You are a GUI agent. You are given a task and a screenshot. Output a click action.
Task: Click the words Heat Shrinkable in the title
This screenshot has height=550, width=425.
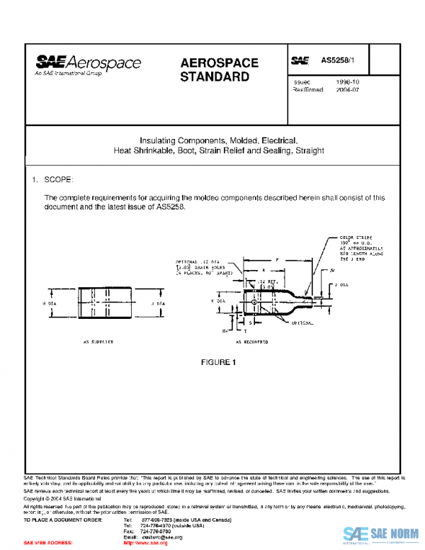pyautogui.click(x=145, y=151)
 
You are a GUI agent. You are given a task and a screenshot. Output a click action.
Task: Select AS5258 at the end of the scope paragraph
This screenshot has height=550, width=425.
pyautogui.click(x=170, y=206)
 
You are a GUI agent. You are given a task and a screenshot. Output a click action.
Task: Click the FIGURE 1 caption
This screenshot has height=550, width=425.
pyautogui.click(x=217, y=363)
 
